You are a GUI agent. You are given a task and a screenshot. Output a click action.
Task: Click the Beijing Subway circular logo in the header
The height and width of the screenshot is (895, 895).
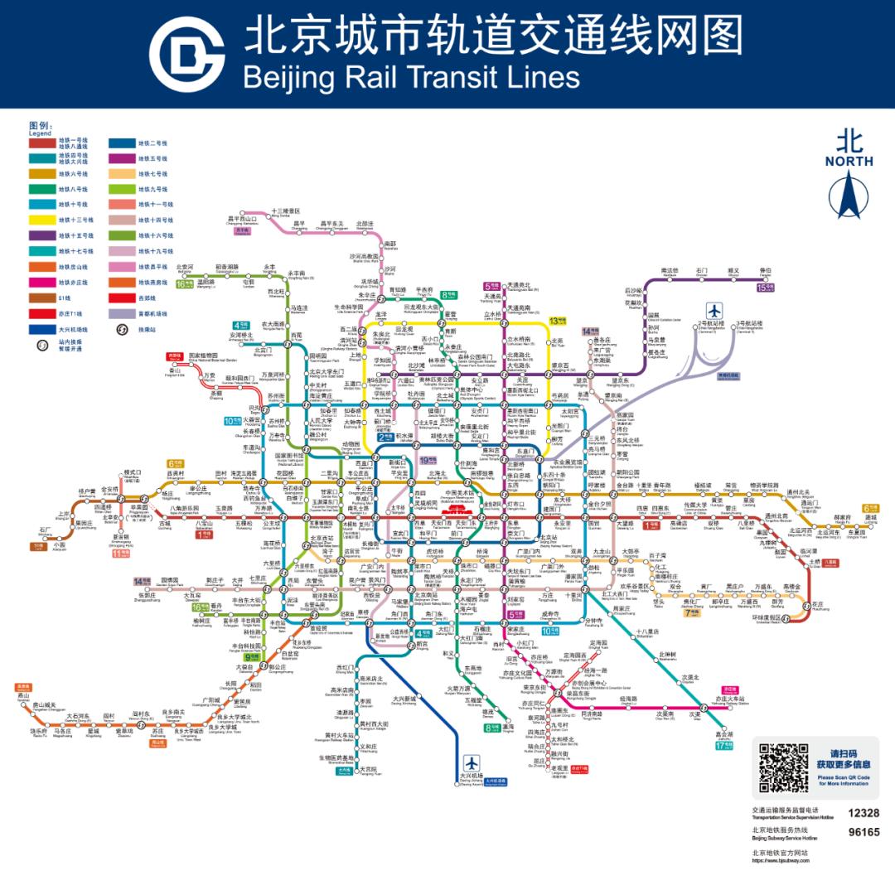click(x=187, y=55)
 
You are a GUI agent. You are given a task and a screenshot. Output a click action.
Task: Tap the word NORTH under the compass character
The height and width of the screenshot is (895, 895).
click(x=849, y=162)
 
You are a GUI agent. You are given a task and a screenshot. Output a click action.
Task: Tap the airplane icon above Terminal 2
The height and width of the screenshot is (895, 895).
click(x=714, y=312)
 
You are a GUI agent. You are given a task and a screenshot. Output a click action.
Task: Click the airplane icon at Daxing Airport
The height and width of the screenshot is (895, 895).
click(x=472, y=762)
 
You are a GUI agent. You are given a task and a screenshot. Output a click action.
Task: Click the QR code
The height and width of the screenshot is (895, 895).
click(x=783, y=767)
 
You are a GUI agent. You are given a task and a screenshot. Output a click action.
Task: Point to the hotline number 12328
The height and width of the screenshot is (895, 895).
click(x=864, y=813)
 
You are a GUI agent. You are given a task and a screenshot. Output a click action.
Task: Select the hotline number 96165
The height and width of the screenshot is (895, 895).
click(x=864, y=832)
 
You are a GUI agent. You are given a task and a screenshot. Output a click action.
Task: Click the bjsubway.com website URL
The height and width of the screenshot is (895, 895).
click(x=780, y=860)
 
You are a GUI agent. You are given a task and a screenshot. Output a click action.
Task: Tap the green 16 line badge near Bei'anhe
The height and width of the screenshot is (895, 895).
click(x=183, y=283)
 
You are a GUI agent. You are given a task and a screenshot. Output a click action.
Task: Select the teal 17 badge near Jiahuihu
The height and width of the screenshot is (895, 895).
click(x=723, y=745)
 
